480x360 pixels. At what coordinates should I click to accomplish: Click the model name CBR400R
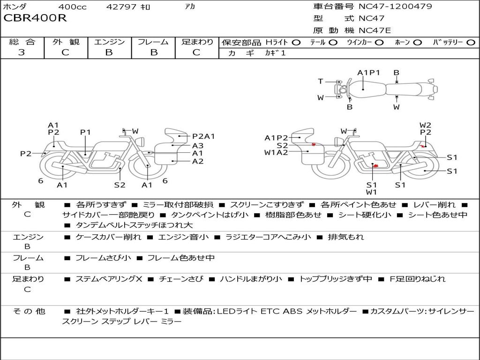coord(35,18)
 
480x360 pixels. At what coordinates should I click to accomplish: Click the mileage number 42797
coord(122,7)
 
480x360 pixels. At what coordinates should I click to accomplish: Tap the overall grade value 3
coord(22,52)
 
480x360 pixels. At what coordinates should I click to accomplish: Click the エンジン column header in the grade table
coord(109,42)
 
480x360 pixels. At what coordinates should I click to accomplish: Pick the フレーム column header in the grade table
coord(153,42)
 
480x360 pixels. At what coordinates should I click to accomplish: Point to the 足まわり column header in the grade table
coord(197,42)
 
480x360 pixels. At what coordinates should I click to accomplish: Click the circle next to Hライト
coord(296,42)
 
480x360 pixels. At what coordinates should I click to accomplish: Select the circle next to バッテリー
coord(471,42)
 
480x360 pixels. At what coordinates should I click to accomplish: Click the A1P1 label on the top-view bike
coord(368,73)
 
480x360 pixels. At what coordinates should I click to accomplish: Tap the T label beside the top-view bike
coord(321,82)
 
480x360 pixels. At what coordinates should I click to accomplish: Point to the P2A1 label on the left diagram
coord(203,136)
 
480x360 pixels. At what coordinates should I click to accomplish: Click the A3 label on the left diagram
coord(198,145)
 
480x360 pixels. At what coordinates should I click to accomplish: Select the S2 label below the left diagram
coord(120,185)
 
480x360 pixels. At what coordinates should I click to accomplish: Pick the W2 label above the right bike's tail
coord(425,125)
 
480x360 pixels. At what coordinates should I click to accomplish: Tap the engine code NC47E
coord(375,30)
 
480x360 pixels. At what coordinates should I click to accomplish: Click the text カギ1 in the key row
coord(276,53)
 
